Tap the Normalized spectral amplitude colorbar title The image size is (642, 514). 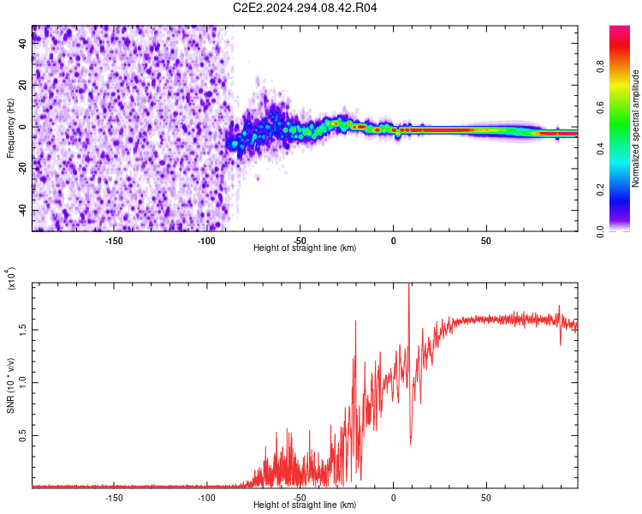(635, 128)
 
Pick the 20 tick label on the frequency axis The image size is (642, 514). (23, 85)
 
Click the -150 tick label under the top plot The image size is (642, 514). (114, 241)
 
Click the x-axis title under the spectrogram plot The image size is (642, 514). (305, 248)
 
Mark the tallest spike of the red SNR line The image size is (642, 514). (409, 286)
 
